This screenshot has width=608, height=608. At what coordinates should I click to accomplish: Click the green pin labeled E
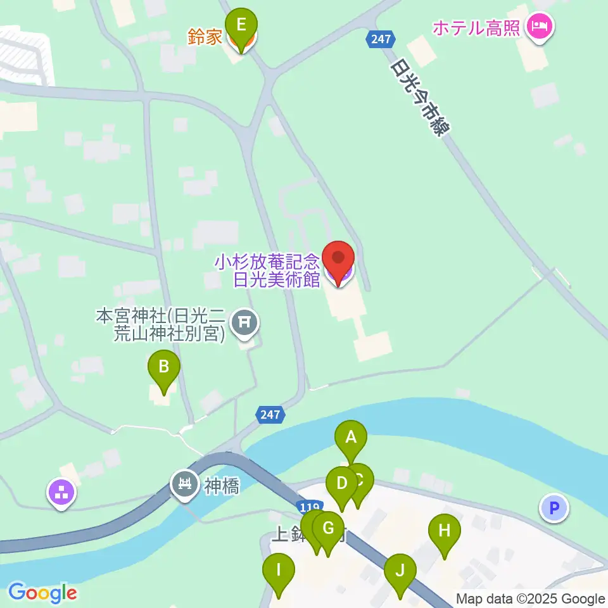pos(241,25)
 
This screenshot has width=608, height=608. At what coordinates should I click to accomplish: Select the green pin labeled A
pos(351,438)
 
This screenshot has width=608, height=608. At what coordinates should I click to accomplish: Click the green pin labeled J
pos(400,570)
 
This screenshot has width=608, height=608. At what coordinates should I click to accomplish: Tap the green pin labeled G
pos(329,528)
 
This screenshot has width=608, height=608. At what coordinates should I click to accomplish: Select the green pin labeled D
pos(342,484)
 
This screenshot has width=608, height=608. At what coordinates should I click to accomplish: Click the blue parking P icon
pos(554,508)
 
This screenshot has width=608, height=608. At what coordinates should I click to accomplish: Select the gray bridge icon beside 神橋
pos(185,485)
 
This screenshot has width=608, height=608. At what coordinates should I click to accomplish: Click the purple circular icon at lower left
pos(62,493)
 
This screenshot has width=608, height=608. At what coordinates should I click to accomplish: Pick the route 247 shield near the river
pos(270,415)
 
